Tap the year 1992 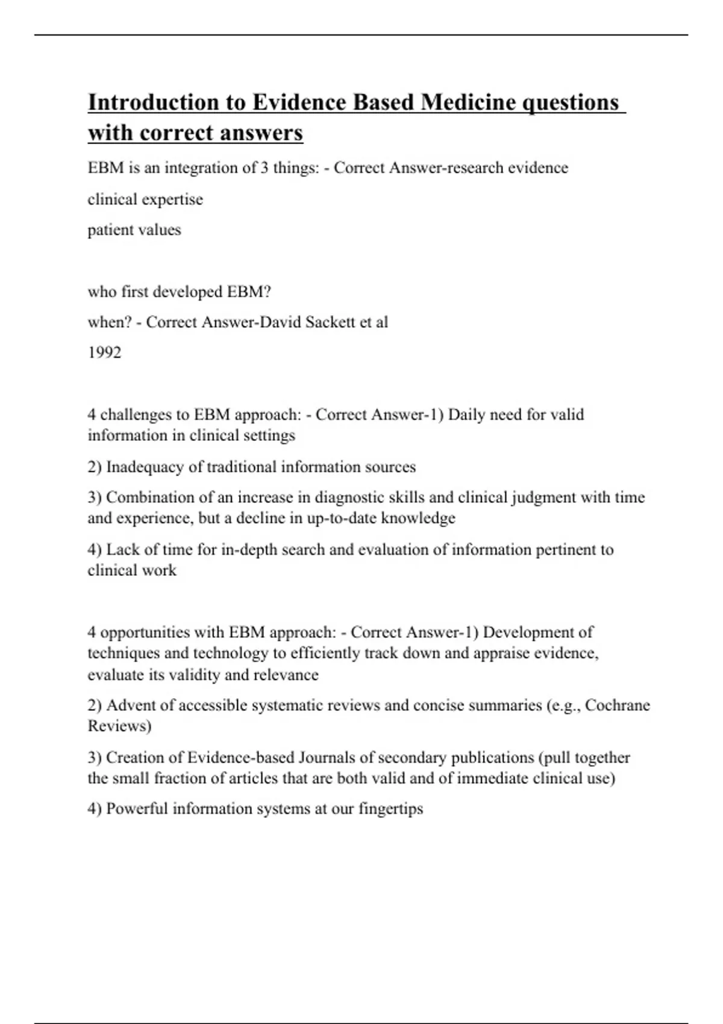pos(104,353)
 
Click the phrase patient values pos(134,230)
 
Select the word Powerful pos(137,809)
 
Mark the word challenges pos(139,415)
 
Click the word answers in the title pos(261,133)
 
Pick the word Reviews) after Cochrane pos(119,726)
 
